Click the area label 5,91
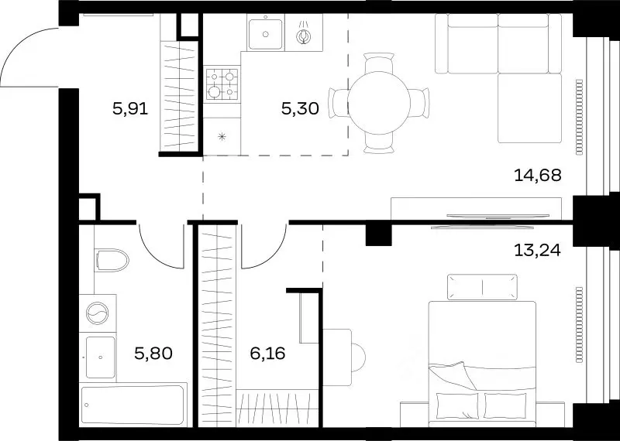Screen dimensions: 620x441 point(130,108)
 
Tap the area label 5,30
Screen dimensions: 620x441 point(300,108)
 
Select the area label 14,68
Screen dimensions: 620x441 point(538,176)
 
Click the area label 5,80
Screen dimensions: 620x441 point(153,354)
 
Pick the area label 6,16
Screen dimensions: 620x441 point(267,354)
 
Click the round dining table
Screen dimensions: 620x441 point(379,103)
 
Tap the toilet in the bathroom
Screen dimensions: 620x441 point(112,260)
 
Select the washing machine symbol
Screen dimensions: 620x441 point(98,313)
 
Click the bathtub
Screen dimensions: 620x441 point(133,405)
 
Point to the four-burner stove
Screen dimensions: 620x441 point(222,84)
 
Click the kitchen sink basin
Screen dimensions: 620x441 point(265,34)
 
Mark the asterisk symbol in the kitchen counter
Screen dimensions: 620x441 point(222,137)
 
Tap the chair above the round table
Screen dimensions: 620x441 point(379,63)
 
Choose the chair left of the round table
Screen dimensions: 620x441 point(339,103)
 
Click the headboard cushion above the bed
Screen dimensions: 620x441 point(482,286)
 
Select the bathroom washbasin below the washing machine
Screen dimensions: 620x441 point(101,357)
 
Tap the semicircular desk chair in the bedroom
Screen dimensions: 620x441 point(359,357)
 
